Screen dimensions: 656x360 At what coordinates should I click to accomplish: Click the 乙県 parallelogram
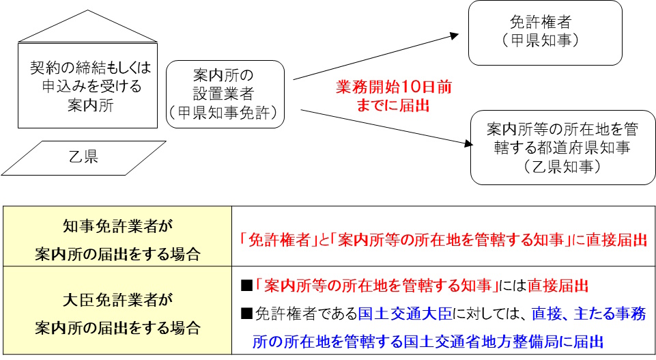click(x=84, y=158)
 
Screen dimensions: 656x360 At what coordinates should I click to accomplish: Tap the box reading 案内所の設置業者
click(x=225, y=94)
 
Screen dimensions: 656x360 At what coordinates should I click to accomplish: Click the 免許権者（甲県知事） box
click(x=545, y=33)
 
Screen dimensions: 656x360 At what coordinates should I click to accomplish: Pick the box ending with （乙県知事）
click(x=562, y=148)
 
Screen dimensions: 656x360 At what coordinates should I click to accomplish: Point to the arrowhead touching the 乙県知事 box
click(x=468, y=143)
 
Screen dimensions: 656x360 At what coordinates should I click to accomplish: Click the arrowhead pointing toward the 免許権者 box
click(x=455, y=36)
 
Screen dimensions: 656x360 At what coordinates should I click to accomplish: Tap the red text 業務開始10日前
click(x=394, y=87)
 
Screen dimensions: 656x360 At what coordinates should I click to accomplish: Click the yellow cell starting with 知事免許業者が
click(x=117, y=236)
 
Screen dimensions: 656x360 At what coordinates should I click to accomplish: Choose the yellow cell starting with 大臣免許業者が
click(x=117, y=310)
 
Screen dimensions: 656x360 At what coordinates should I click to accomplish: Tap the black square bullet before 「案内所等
click(x=246, y=286)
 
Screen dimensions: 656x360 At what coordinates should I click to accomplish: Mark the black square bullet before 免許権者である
click(x=246, y=314)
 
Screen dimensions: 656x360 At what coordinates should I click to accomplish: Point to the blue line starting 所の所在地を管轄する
click(x=427, y=342)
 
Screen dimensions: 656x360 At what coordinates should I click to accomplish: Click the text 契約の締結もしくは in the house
click(x=90, y=68)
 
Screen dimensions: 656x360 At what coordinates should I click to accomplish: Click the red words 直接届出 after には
click(x=558, y=286)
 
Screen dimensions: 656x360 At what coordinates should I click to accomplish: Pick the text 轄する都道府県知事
click(x=562, y=148)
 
